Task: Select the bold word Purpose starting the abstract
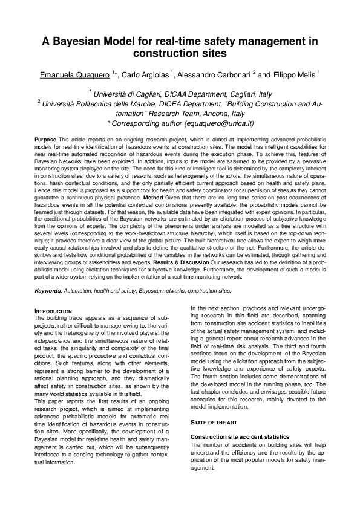(x=46, y=140)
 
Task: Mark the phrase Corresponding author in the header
(x=145, y=123)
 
